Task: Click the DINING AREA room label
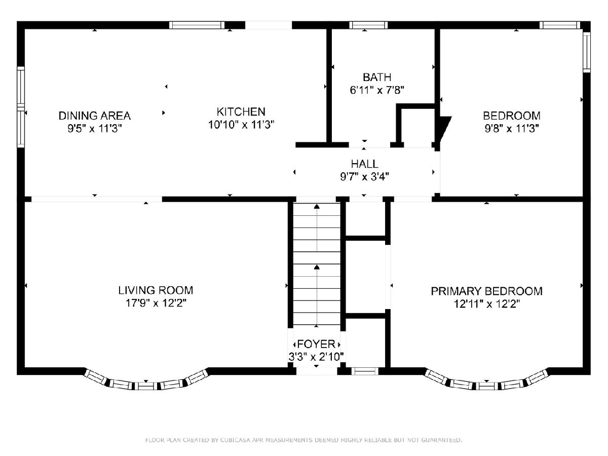(94, 116)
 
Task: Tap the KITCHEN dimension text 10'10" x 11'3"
(241, 125)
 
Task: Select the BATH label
(377, 77)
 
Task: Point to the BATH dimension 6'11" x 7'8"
(377, 90)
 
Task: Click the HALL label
(364, 164)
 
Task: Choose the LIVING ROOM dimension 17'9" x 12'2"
(156, 303)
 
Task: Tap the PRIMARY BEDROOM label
(487, 291)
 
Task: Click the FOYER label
(316, 344)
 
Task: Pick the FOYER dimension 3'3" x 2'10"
(316, 357)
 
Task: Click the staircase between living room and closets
(317, 264)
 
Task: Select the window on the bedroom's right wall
(587, 52)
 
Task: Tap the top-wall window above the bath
(368, 25)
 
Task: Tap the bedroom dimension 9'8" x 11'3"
(512, 129)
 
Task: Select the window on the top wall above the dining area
(197, 25)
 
